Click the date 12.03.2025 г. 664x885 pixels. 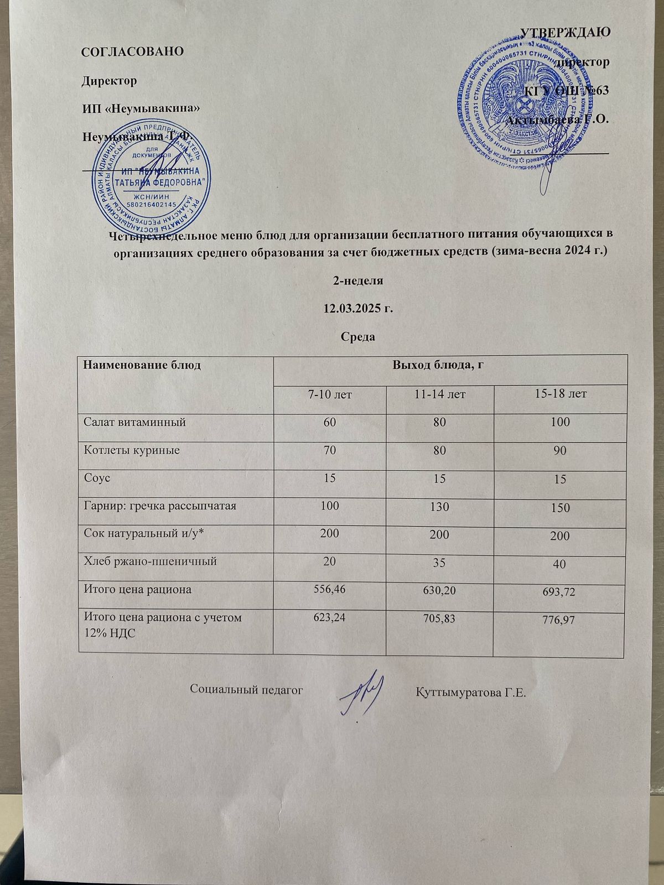click(x=358, y=308)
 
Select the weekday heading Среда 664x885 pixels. click(x=358, y=336)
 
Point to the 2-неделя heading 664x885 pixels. click(x=358, y=280)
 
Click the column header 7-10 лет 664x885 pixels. click(x=330, y=394)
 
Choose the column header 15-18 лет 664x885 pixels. click(x=561, y=394)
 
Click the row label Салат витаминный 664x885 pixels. click(x=134, y=422)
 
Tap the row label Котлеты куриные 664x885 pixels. click(x=132, y=450)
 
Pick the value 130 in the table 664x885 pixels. click(x=440, y=507)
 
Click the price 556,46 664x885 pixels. click(x=329, y=589)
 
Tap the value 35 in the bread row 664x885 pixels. click(x=440, y=563)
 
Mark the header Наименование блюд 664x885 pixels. click(x=142, y=365)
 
